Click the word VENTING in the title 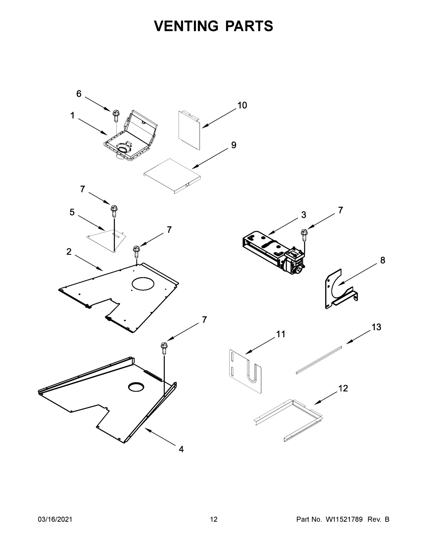coord(186,26)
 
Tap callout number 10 coord(242,105)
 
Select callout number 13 coord(376,327)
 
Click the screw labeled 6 coord(116,116)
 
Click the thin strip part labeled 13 coord(319,360)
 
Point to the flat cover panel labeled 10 coord(189,130)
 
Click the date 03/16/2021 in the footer coord(55,519)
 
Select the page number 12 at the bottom coord(214,519)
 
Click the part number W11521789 coord(344,519)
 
